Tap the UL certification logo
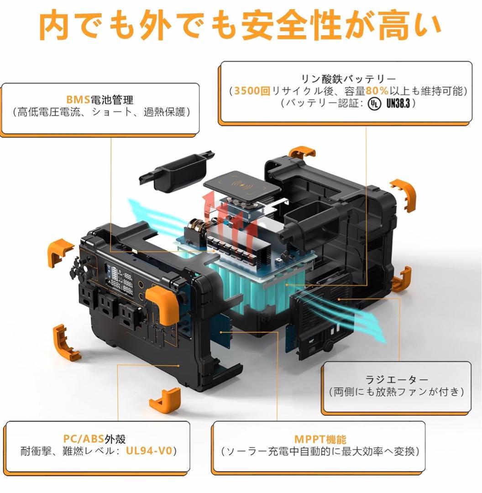coord(373,104)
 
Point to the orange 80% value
coord(377,91)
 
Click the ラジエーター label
coord(397,379)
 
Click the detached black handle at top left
coord(177,171)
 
